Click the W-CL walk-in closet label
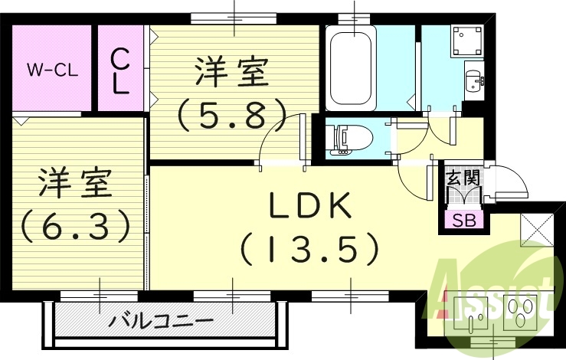(x=50, y=70)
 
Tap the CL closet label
(x=120, y=70)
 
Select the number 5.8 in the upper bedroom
(x=231, y=115)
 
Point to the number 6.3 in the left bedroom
(x=73, y=224)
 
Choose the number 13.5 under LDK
(x=309, y=248)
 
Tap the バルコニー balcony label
(x=160, y=319)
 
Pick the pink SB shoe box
(x=463, y=220)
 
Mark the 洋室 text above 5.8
(x=231, y=74)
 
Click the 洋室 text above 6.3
(x=74, y=182)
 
